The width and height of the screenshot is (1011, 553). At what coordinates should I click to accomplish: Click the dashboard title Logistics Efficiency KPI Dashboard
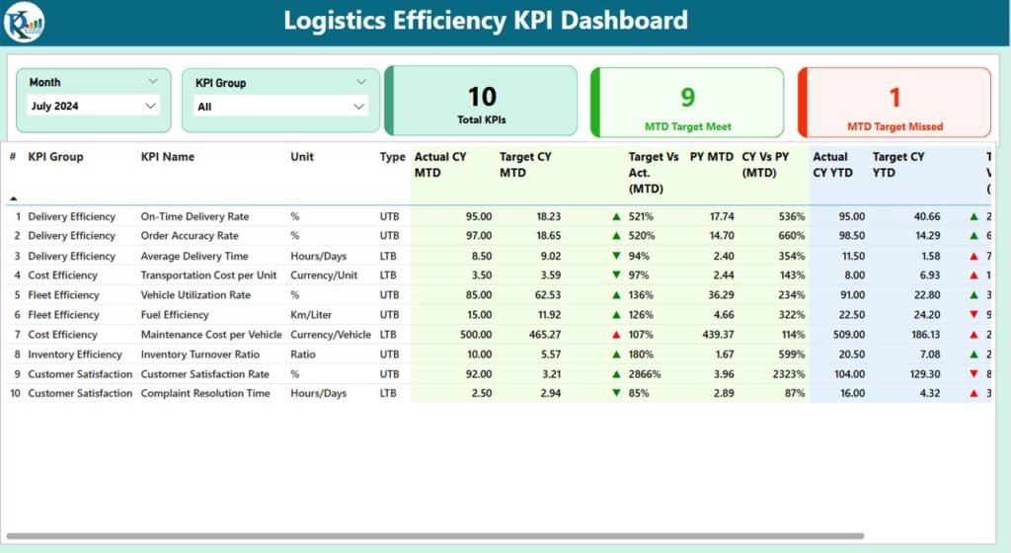pyautogui.click(x=486, y=21)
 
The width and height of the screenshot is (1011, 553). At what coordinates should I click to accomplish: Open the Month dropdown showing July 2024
pyautogui.click(x=93, y=106)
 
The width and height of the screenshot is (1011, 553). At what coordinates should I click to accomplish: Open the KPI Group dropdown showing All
pyautogui.click(x=281, y=107)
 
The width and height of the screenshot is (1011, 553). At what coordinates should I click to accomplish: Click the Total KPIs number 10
pyautogui.click(x=482, y=96)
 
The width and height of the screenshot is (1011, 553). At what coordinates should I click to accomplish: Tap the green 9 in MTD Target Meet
pyautogui.click(x=687, y=96)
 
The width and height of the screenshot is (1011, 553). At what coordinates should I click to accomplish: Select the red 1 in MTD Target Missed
pyautogui.click(x=894, y=97)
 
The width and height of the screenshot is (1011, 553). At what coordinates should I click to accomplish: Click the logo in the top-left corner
pyautogui.click(x=23, y=22)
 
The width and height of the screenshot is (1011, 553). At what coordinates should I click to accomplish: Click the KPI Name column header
pyautogui.click(x=168, y=157)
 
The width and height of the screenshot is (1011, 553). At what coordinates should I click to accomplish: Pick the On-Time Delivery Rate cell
pyautogui.click(x=194, y=216)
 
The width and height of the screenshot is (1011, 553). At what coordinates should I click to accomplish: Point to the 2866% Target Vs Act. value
pyautogui.click(x=648, y=374)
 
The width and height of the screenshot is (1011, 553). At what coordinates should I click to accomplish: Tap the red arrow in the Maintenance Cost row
pyautogui.click(x=616, y=335)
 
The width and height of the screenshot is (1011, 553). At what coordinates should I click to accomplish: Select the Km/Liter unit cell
pyautogui.click(x=312, y=315)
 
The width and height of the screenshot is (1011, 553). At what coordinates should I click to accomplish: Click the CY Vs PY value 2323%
pyautogui.click(x=785, y=374)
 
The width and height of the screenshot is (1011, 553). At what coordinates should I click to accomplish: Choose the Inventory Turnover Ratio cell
pyautogui.click(x=200, y=355)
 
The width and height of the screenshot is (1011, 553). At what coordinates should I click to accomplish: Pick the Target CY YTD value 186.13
pyautogui.click(x=920, y=335)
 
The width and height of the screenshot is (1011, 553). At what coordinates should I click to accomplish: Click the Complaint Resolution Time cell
pyautogui.click(x=205, y=393)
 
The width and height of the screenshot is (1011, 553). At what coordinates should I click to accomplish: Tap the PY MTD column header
pyautogui.click(x=711, y=157)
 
